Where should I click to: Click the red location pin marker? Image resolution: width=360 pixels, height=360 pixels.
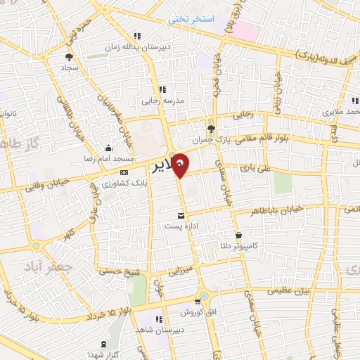(181, 165)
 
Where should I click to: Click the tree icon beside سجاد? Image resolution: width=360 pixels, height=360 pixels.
(69, 58)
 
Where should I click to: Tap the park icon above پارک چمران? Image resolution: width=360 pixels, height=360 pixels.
(211, 127)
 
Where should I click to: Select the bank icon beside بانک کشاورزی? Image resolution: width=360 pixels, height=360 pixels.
(124, 172)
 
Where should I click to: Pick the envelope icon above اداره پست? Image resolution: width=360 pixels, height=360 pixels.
(181, 214)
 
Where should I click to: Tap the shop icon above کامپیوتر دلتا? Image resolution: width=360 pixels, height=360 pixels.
(239, 235)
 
